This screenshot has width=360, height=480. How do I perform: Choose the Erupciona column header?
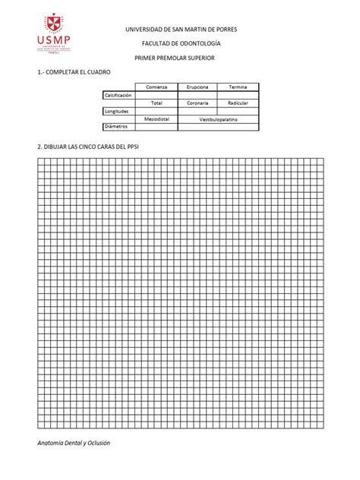pyautogui.click(x=197, y=87)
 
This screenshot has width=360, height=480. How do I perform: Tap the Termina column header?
pyautogui.click(x=238, y=87)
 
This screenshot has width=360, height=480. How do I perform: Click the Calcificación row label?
pyautogui.click(x=118, y=95)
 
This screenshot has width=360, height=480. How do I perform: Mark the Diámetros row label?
pyautogui.click(x=116, y=127)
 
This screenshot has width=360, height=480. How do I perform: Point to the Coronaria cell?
pyautogui.click(x=197, y=103)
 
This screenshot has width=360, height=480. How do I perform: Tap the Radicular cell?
pyautogui.click(x=238, y=103)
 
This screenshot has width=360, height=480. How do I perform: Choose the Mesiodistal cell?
pyautogui.click(x=156, y=118)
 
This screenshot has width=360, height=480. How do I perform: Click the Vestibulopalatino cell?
pyautogui.click(x=218, y=118)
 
